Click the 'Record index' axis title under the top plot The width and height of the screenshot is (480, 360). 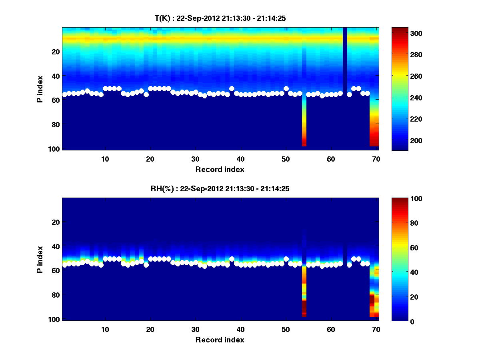click(x=220, y=169)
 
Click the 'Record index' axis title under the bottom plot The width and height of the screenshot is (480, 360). click(x=220, y=340)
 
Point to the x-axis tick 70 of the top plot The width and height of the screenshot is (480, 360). click(x=376, y=159)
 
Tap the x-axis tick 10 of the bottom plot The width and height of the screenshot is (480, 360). click(x=105, y=329)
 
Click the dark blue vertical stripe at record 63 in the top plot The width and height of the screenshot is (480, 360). click(x=345, y=60)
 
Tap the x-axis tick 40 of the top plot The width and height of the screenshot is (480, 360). click(x=240, y=159)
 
